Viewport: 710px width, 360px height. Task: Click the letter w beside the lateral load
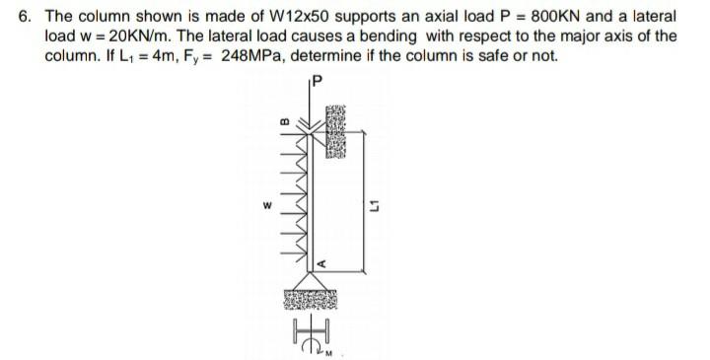(263, 206)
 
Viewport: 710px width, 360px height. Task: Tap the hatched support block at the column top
(332, 127)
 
